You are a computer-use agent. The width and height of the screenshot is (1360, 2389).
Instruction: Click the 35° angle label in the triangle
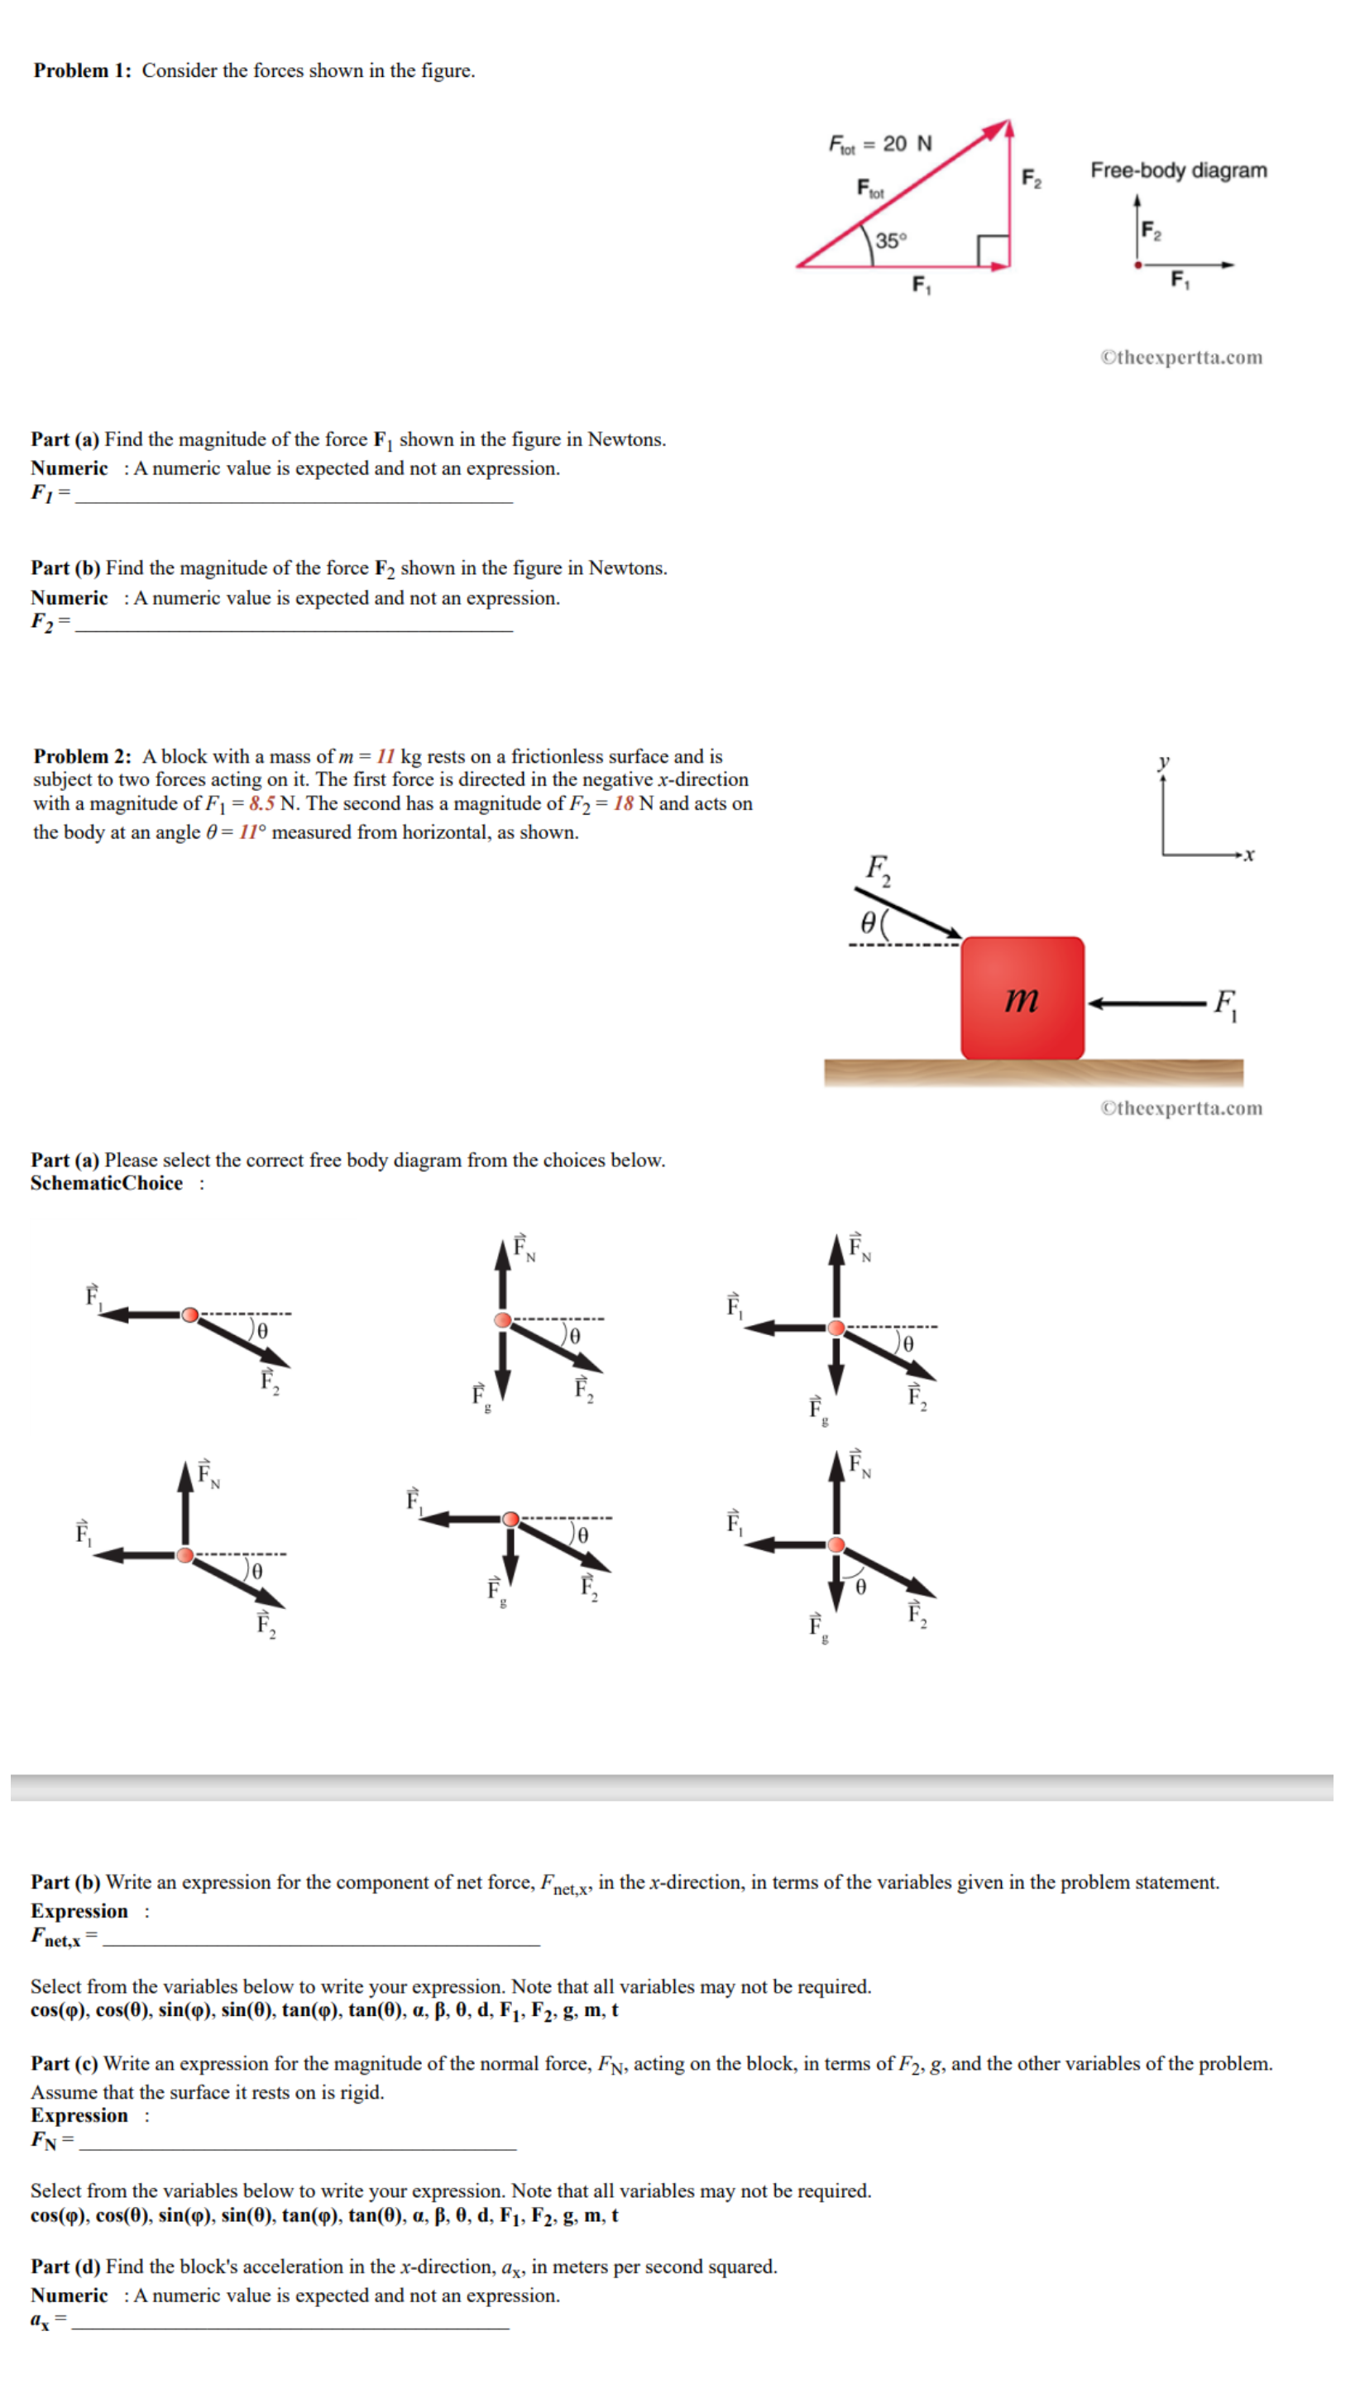click(891, 240)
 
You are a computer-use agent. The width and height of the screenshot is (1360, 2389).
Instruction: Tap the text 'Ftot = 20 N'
click(880, 144)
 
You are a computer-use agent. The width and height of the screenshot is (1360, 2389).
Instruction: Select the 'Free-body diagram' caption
click(1178, 170)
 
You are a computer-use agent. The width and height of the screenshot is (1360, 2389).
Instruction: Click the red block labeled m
click(1022, 998)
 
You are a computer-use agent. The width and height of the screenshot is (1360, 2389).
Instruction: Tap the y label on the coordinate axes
click(1163, 761)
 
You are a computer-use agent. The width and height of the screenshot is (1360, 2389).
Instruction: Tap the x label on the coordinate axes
click(1250, 854)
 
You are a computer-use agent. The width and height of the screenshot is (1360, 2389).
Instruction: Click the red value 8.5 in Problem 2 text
click(261, 803)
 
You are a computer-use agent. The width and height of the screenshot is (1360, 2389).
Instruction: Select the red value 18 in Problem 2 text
click(623, 803)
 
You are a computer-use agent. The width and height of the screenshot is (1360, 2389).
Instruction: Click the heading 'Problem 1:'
click(82, 70)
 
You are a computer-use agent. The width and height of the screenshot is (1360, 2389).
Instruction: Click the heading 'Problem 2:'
click(82, 755)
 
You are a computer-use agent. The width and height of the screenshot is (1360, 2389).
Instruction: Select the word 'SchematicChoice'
click(107, 1182)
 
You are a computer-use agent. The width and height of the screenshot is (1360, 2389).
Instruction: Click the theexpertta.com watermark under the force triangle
click(1180, 357)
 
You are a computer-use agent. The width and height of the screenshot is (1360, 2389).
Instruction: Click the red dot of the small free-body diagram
click(1137, 266)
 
